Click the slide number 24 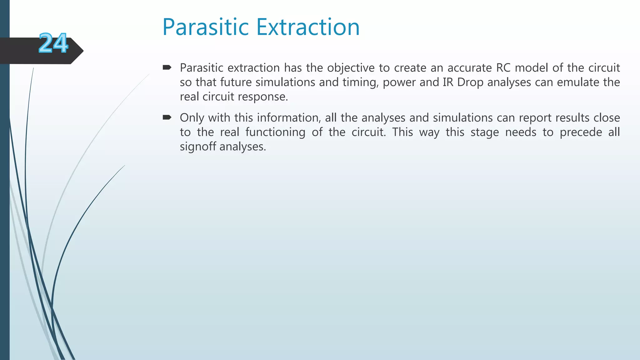coord(53,43)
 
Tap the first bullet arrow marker coord(167,67)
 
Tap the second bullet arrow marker coord(167,117)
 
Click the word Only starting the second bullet coord(192,118)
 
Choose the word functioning coord(275,132)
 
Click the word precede coord(581,132)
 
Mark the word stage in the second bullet coord(485,132)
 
